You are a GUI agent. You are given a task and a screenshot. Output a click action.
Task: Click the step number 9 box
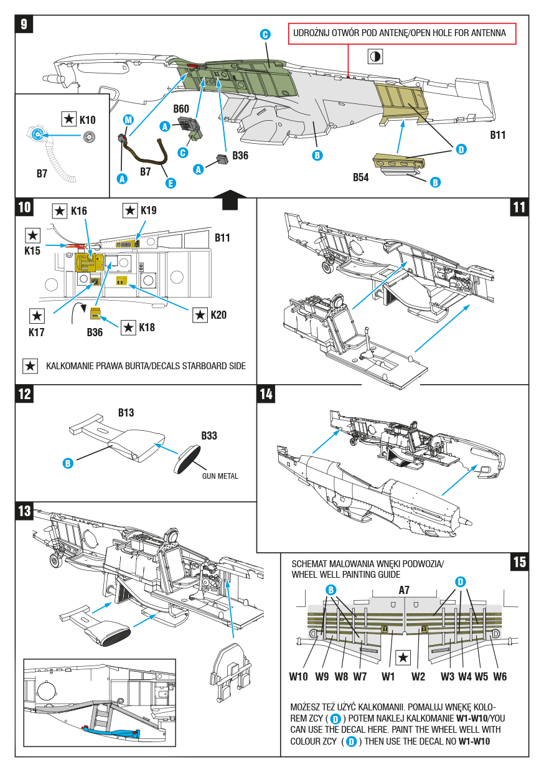24,24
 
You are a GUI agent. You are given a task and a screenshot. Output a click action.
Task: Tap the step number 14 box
266,393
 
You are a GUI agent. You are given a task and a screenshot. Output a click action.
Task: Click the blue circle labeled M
128,119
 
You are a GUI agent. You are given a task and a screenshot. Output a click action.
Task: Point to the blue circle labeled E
170,183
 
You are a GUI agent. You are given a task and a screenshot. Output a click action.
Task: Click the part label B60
181,109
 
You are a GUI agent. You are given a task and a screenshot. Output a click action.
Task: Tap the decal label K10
88,120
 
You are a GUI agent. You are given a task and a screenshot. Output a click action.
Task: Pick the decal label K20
218,315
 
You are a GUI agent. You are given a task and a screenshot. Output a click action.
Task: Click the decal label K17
37,332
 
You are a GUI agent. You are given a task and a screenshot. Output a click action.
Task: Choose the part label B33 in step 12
209,436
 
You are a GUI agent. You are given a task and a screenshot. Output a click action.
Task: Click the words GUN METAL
220,476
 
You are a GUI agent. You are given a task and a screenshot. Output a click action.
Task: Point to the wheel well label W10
299,677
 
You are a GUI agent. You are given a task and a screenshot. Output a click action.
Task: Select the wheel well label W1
389,677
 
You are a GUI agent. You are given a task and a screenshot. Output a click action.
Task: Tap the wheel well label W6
500,677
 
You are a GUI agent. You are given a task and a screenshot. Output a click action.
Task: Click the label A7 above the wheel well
405,590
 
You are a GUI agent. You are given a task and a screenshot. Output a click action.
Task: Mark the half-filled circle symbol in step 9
375,57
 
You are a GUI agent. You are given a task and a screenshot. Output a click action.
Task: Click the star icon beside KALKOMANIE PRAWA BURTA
30,366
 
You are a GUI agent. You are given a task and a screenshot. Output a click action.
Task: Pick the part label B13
126,413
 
